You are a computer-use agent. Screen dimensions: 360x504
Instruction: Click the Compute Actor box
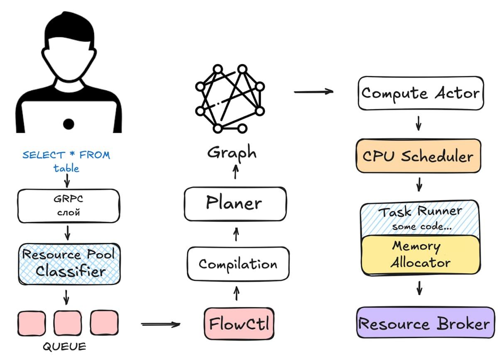coord(421,93)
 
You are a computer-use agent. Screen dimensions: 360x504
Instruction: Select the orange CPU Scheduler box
coord(418,156)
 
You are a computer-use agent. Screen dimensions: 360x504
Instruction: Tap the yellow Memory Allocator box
coord(420,255)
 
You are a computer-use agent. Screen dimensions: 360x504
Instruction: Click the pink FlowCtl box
coord(239,323)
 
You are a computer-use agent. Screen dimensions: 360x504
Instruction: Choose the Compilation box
coord(237,264)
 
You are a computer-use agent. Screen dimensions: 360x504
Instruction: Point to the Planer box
coord(235,203)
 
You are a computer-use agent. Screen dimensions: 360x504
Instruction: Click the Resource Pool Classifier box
coord(69,263)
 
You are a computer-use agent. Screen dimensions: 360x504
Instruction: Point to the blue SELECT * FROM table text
coord(66,161)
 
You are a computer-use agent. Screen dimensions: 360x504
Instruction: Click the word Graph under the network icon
coord(232,153)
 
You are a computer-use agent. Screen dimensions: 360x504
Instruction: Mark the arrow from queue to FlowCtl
coord(160,324)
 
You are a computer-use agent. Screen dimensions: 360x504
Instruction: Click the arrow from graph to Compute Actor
coord(313,91)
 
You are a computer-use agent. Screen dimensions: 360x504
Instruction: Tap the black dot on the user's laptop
coord(69,124)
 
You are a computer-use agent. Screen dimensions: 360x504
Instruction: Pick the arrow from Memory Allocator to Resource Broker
coord(419,288)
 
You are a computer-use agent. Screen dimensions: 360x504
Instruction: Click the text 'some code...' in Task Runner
coord(421,226)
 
